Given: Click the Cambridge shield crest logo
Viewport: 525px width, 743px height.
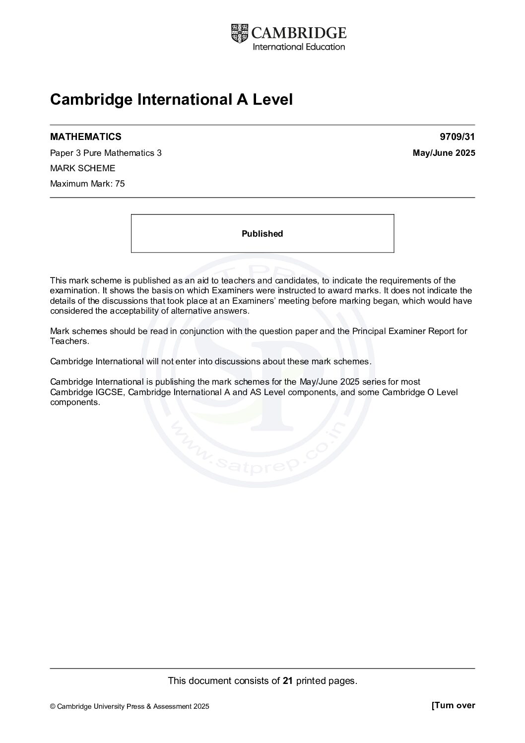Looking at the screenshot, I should pyautogui.click(x=239, y=33).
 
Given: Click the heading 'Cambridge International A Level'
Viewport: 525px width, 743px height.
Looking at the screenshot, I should pyautogui.click(x=171, y=100).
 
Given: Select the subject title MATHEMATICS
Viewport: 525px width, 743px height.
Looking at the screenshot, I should pyautogui.click(x=85, y=136).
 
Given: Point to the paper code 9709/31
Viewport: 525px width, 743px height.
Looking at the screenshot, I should pyautogui.click(x=457, y=136).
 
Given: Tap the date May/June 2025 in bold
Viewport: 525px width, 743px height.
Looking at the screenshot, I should pyautogui.click(x=444, y=153).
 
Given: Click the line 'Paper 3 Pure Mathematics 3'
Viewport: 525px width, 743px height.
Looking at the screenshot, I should pyautogui.click(x=106, y=153).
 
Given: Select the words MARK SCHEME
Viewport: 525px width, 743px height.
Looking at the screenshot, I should pyautogui.click(x=82, y=168).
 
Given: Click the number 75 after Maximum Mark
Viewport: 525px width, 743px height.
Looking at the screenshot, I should pyautogui.click(x=120, y=184).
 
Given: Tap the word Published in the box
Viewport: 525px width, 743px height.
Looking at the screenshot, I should pyautogui.click(x=262, y=234).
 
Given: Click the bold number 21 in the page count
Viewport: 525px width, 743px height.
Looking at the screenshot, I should pyautogui.click(x=288, y=681).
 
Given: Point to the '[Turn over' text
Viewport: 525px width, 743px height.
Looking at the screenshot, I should pyautogui.click(x=453, y=705).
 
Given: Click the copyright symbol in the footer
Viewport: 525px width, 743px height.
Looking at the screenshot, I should pyautogui.click(x=53, y=707).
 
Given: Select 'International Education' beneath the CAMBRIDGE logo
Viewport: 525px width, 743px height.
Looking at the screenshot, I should pyautogui.click(x=299, y=47).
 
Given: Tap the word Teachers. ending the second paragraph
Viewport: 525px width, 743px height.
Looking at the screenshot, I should pyautogui.click(x=69, y=341).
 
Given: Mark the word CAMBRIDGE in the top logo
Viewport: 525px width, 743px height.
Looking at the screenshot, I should pyautogui.click(x=299, y=33).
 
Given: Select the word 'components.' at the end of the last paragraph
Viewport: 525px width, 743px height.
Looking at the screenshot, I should pyautogui.click(x=75, y=403).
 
